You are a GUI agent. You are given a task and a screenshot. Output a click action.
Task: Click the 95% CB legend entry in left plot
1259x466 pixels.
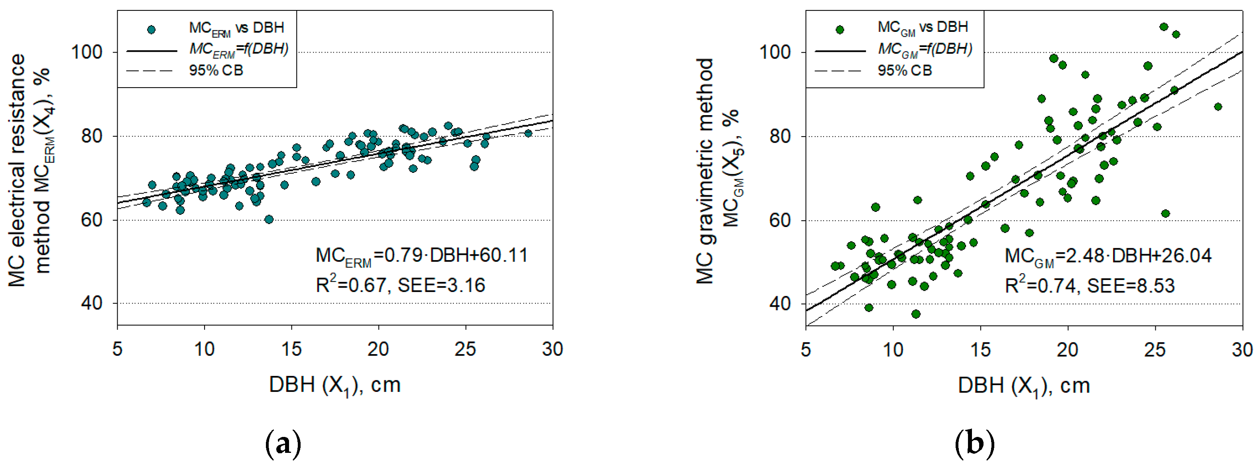pyautogui.click(x=216, y=70)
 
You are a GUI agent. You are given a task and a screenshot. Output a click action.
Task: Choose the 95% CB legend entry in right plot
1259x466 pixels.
pyautogui.click(x=904, y=70)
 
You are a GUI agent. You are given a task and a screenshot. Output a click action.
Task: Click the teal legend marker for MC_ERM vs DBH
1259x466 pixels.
pyautogui.click(x=151, y=30)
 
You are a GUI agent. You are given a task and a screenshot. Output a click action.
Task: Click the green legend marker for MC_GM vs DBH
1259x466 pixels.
pyautogui.click(x=840, y=30)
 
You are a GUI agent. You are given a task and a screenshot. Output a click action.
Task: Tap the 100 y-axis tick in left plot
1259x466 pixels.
pyautogui.click(x=87, y=52)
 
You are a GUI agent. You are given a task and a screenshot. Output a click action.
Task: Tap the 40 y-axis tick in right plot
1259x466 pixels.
pyautogui.click(x=780, y=304)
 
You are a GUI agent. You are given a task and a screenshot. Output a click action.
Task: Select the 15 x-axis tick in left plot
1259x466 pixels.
pyautogui.click(x=291, y=349)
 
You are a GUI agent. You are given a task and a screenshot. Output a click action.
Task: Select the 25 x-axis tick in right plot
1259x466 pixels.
pyautogui.click(x=1155, y=349)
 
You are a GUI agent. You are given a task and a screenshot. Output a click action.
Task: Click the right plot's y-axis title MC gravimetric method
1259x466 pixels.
pyautogui.click(x=705, y=171)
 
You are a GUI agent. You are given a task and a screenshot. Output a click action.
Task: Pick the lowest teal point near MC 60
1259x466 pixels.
pyautogui.click(x=269, y=219)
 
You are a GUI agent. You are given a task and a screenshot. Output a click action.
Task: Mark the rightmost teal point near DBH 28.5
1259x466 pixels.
pyautogui.click(x=528, y=133)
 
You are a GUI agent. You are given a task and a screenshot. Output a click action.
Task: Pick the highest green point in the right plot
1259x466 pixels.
pyautogui.click(x=1164, y=27)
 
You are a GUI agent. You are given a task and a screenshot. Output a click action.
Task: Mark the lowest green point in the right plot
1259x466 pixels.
pyautogui.click(x=915, y=314)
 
